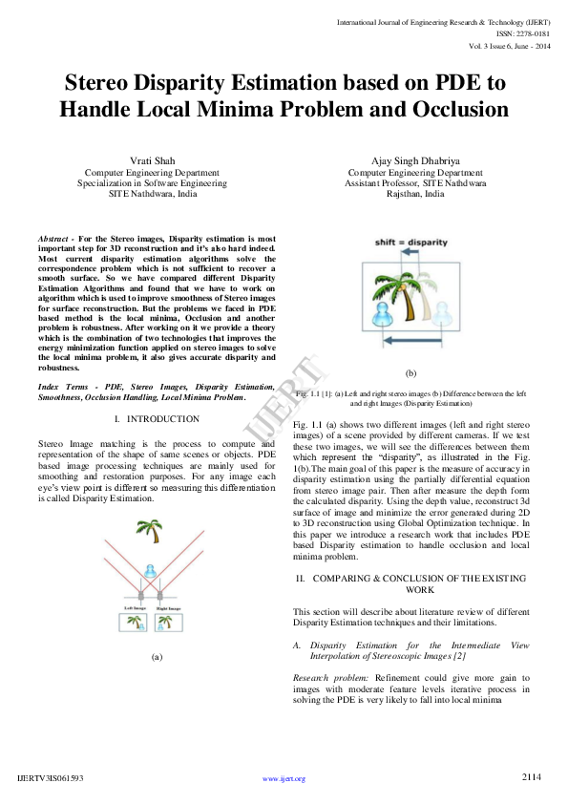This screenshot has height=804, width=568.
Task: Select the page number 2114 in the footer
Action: point(532,777)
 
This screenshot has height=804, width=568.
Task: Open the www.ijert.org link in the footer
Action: point(284,778)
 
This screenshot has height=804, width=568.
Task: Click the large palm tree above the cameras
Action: point(149,529)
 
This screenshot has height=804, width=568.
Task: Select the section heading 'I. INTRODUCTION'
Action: point(157,419)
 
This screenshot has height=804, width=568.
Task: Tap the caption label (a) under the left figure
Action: point(157,657)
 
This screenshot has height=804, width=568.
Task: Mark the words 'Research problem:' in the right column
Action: point(324,676)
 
